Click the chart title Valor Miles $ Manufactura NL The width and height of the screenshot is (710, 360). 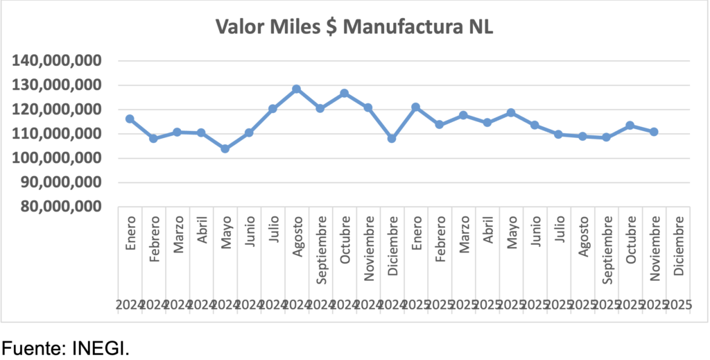coord(354,27)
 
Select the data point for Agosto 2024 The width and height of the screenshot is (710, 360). coord(297,89)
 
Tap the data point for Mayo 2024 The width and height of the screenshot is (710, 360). coord(225,148)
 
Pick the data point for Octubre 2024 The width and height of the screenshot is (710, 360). coord(345,93)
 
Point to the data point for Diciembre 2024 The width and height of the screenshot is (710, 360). coord(392,139)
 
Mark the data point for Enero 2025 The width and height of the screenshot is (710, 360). coord(415,108)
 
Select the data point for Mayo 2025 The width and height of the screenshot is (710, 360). coord(511,112)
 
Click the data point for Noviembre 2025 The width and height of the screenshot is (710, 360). coord(654,132)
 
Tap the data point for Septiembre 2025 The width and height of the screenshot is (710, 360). coord(606,137)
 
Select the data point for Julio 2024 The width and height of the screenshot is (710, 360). coord(273,109)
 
